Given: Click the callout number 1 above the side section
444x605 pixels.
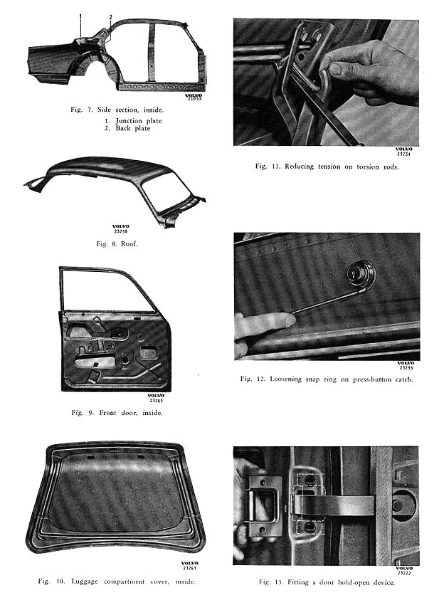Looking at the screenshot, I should (x=80, y=16).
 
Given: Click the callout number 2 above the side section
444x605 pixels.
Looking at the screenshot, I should (x=111, y=16).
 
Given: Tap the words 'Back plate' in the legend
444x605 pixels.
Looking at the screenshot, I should (x=134, y=129).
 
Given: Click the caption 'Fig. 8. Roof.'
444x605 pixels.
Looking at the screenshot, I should (x=117, y=243).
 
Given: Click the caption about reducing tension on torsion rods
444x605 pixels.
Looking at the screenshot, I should (x=327, y=166).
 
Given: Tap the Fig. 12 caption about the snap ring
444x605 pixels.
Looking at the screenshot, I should (x=327, y=379).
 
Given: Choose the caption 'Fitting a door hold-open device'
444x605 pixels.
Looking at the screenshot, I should (x=327, y=582).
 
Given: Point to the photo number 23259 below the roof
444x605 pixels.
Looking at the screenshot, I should (x=121, y=231).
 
